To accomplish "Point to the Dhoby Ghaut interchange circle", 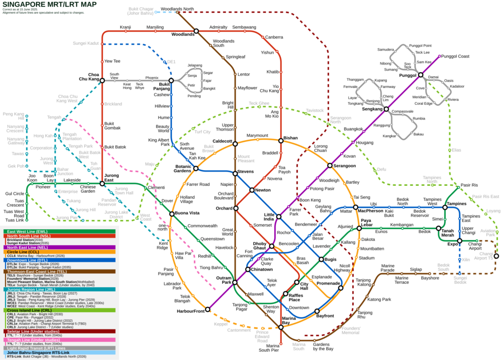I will pos(271,246).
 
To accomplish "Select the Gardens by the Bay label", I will pos(323,346).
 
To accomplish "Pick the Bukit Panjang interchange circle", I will pos(171,81).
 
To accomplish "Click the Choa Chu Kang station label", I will pos(89,77).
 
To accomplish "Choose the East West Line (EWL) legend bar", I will pos(59,231).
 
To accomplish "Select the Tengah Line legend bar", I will pos(59,340).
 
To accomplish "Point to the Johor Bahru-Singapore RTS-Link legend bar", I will pos(59,352).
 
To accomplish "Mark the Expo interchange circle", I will pos(459,241).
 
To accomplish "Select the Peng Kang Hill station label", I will pos(13,117).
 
